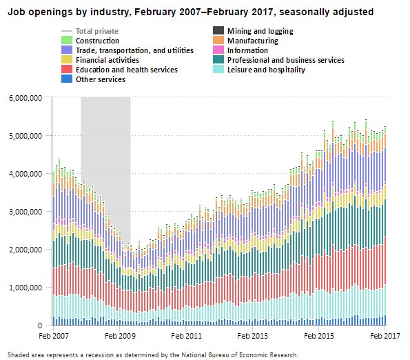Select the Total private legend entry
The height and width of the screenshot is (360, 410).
pos(96,31)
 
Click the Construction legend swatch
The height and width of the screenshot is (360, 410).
pos(67,41)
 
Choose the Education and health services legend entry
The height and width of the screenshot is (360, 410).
pos(126,70)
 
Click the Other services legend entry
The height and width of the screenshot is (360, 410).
pos(100,79)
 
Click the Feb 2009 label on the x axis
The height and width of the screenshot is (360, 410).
pos(120,336)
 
